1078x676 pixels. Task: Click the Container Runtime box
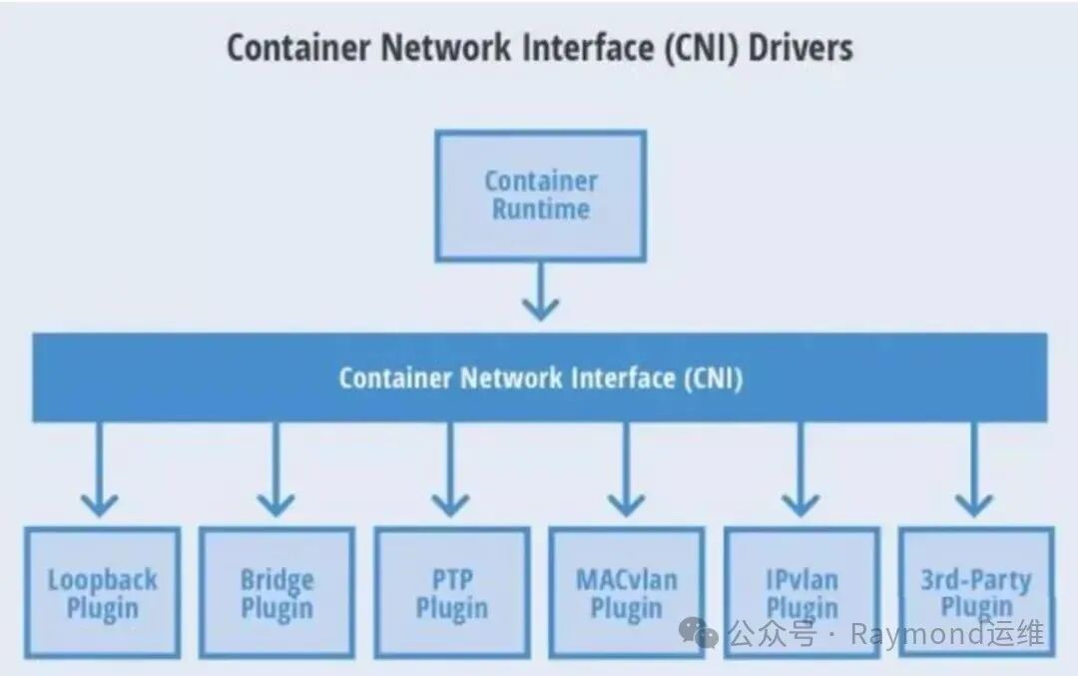[x=540, y=196]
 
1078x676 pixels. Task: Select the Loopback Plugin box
[x=102, y=592]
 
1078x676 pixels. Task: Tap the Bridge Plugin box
[x=276, y=592]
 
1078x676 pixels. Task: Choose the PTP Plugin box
[x=451, y=592]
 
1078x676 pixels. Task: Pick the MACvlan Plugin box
[x=626, y=592]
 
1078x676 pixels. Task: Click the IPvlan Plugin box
[x=802, y=592]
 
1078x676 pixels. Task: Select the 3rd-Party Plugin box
[x=976, y=592]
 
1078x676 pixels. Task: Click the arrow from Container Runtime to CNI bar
[x=540, y=292]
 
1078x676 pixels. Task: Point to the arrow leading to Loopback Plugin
[x=99, y=469]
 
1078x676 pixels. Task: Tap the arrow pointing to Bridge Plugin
[x=274, y=469]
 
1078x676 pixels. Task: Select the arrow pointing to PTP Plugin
[x=450, y=469]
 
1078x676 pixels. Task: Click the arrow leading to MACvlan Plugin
[x=626, y=469]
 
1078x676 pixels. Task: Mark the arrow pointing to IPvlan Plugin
[x=801, y=469]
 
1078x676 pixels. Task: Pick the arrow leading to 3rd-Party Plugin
[x=975, y=469]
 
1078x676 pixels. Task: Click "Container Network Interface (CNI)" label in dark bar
[x=540, y=378]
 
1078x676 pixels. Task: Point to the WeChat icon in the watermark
[x=697, y=632]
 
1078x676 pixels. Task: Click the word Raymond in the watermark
[x=931, y=633]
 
